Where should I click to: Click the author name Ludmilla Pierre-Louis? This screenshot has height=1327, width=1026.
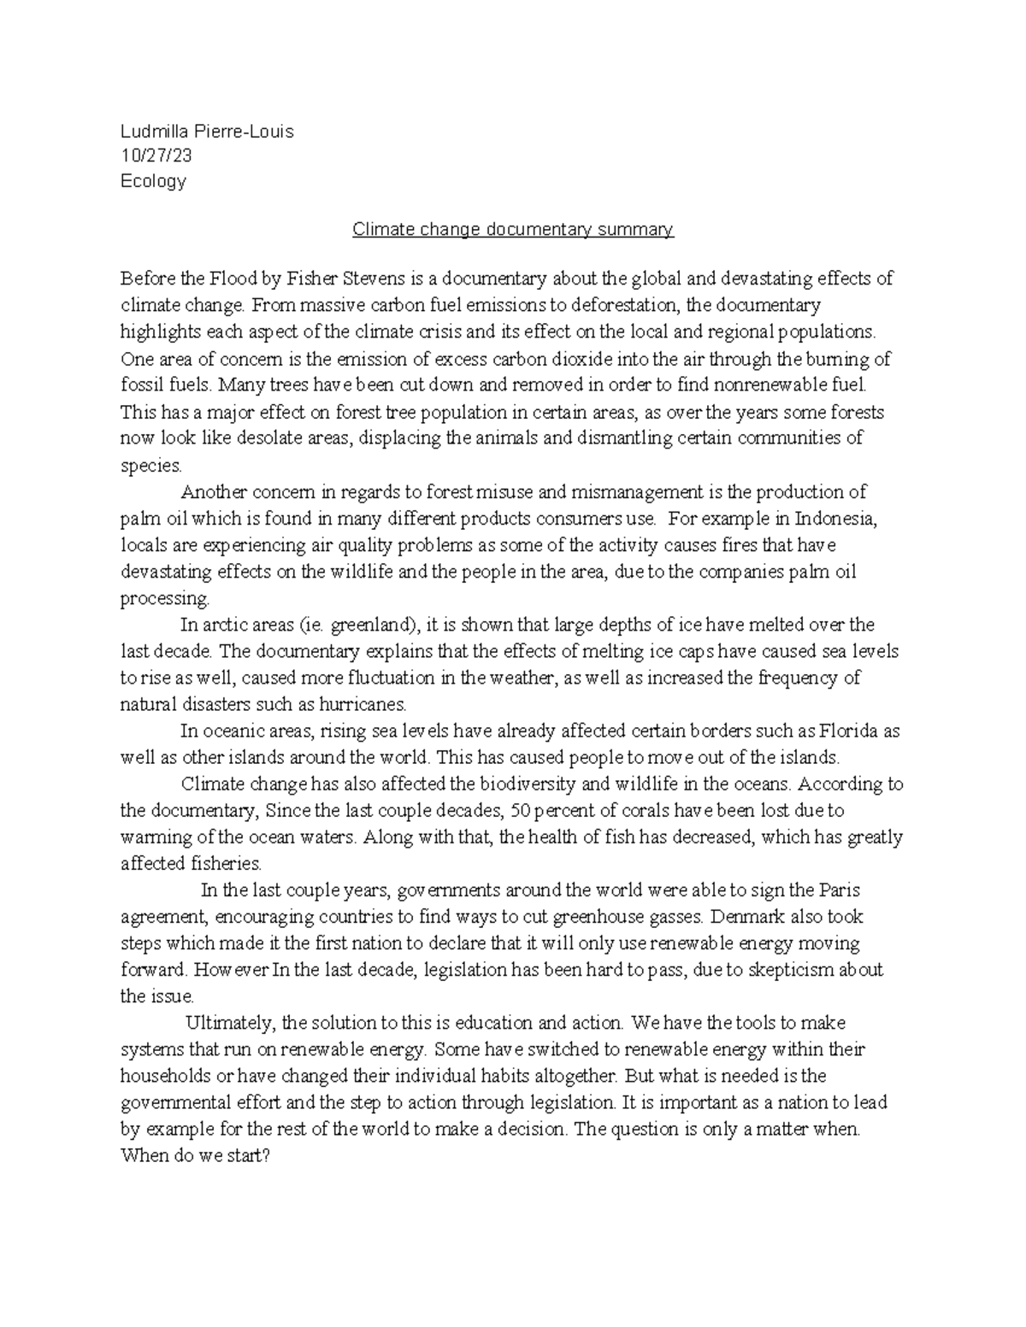pyautogui.click(x=207, y=132)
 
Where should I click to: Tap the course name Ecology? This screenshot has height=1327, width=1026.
pyautogui.click(x=153, y=181)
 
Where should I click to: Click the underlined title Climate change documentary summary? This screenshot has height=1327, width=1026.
pyautogui.click(x=513, y=230)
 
